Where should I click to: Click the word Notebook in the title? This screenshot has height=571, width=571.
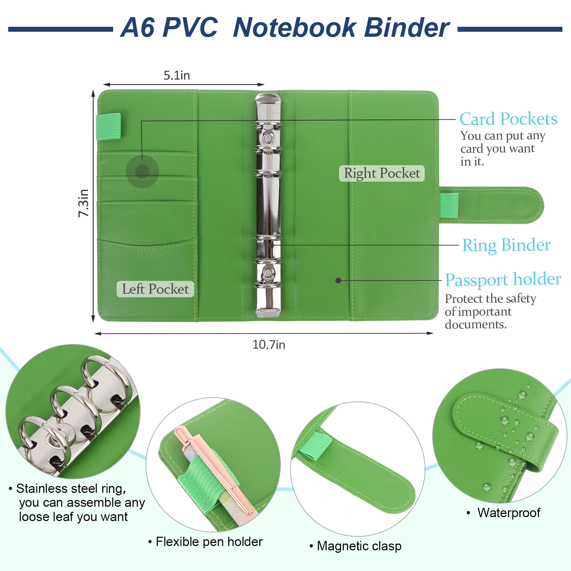294,27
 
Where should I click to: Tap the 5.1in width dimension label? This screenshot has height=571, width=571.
177,75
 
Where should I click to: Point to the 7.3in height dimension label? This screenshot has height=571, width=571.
84,203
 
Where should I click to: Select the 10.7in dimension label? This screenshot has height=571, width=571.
269,345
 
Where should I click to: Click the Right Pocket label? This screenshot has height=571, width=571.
382,173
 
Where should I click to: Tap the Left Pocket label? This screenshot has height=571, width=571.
155,289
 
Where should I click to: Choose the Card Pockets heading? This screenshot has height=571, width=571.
508,119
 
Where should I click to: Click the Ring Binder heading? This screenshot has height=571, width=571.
506,246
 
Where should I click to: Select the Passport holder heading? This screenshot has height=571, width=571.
503,280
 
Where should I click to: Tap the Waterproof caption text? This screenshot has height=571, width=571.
509,513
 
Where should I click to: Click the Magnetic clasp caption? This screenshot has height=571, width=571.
359,546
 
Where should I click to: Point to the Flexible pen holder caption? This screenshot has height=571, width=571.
209,542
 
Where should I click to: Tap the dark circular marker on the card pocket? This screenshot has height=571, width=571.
142,172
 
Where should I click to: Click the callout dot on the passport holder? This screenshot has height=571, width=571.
338,281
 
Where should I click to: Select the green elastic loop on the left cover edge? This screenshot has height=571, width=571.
108,126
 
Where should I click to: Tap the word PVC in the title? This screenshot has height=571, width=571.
190,27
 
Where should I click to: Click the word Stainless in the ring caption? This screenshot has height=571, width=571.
41,489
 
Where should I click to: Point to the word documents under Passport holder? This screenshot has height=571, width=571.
475,324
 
